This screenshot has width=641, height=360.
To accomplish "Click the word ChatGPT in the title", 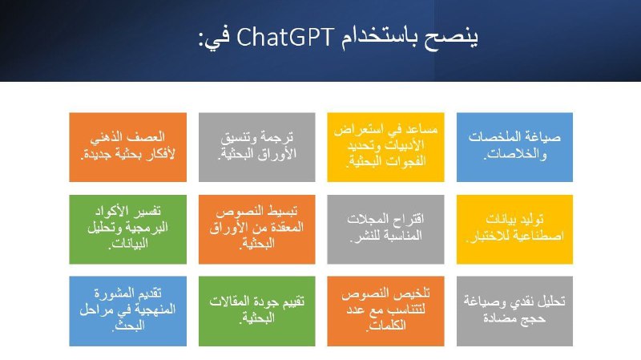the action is [285, 37].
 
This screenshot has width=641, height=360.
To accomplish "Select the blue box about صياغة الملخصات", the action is [514, 148].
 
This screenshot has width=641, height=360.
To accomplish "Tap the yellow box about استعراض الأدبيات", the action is [385, 148].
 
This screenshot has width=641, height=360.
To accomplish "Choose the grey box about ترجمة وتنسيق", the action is [256, 148].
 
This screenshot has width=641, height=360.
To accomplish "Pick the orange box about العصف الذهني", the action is [128, 148].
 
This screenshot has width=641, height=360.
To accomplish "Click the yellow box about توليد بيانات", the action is [514, 229].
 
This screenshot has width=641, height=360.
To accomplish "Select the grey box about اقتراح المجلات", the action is [385, 229].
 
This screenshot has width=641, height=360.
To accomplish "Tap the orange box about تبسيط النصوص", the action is [256, 229].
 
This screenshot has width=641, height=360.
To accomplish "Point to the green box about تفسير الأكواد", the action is [128, 229].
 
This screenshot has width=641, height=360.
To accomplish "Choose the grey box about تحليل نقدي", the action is [514, 311].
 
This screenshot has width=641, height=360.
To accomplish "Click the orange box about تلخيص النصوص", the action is [385, 311].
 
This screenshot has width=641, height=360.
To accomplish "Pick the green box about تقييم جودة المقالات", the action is [256, 311].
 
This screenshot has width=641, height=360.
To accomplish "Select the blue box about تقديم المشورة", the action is [128, 311].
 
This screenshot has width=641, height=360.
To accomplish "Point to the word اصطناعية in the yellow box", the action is [539, 236].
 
